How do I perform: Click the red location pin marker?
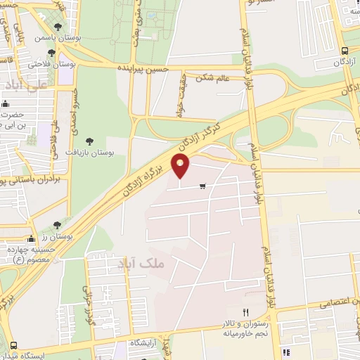(181, 167)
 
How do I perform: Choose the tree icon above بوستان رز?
(56, 225)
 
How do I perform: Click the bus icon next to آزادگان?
(344, 51)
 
